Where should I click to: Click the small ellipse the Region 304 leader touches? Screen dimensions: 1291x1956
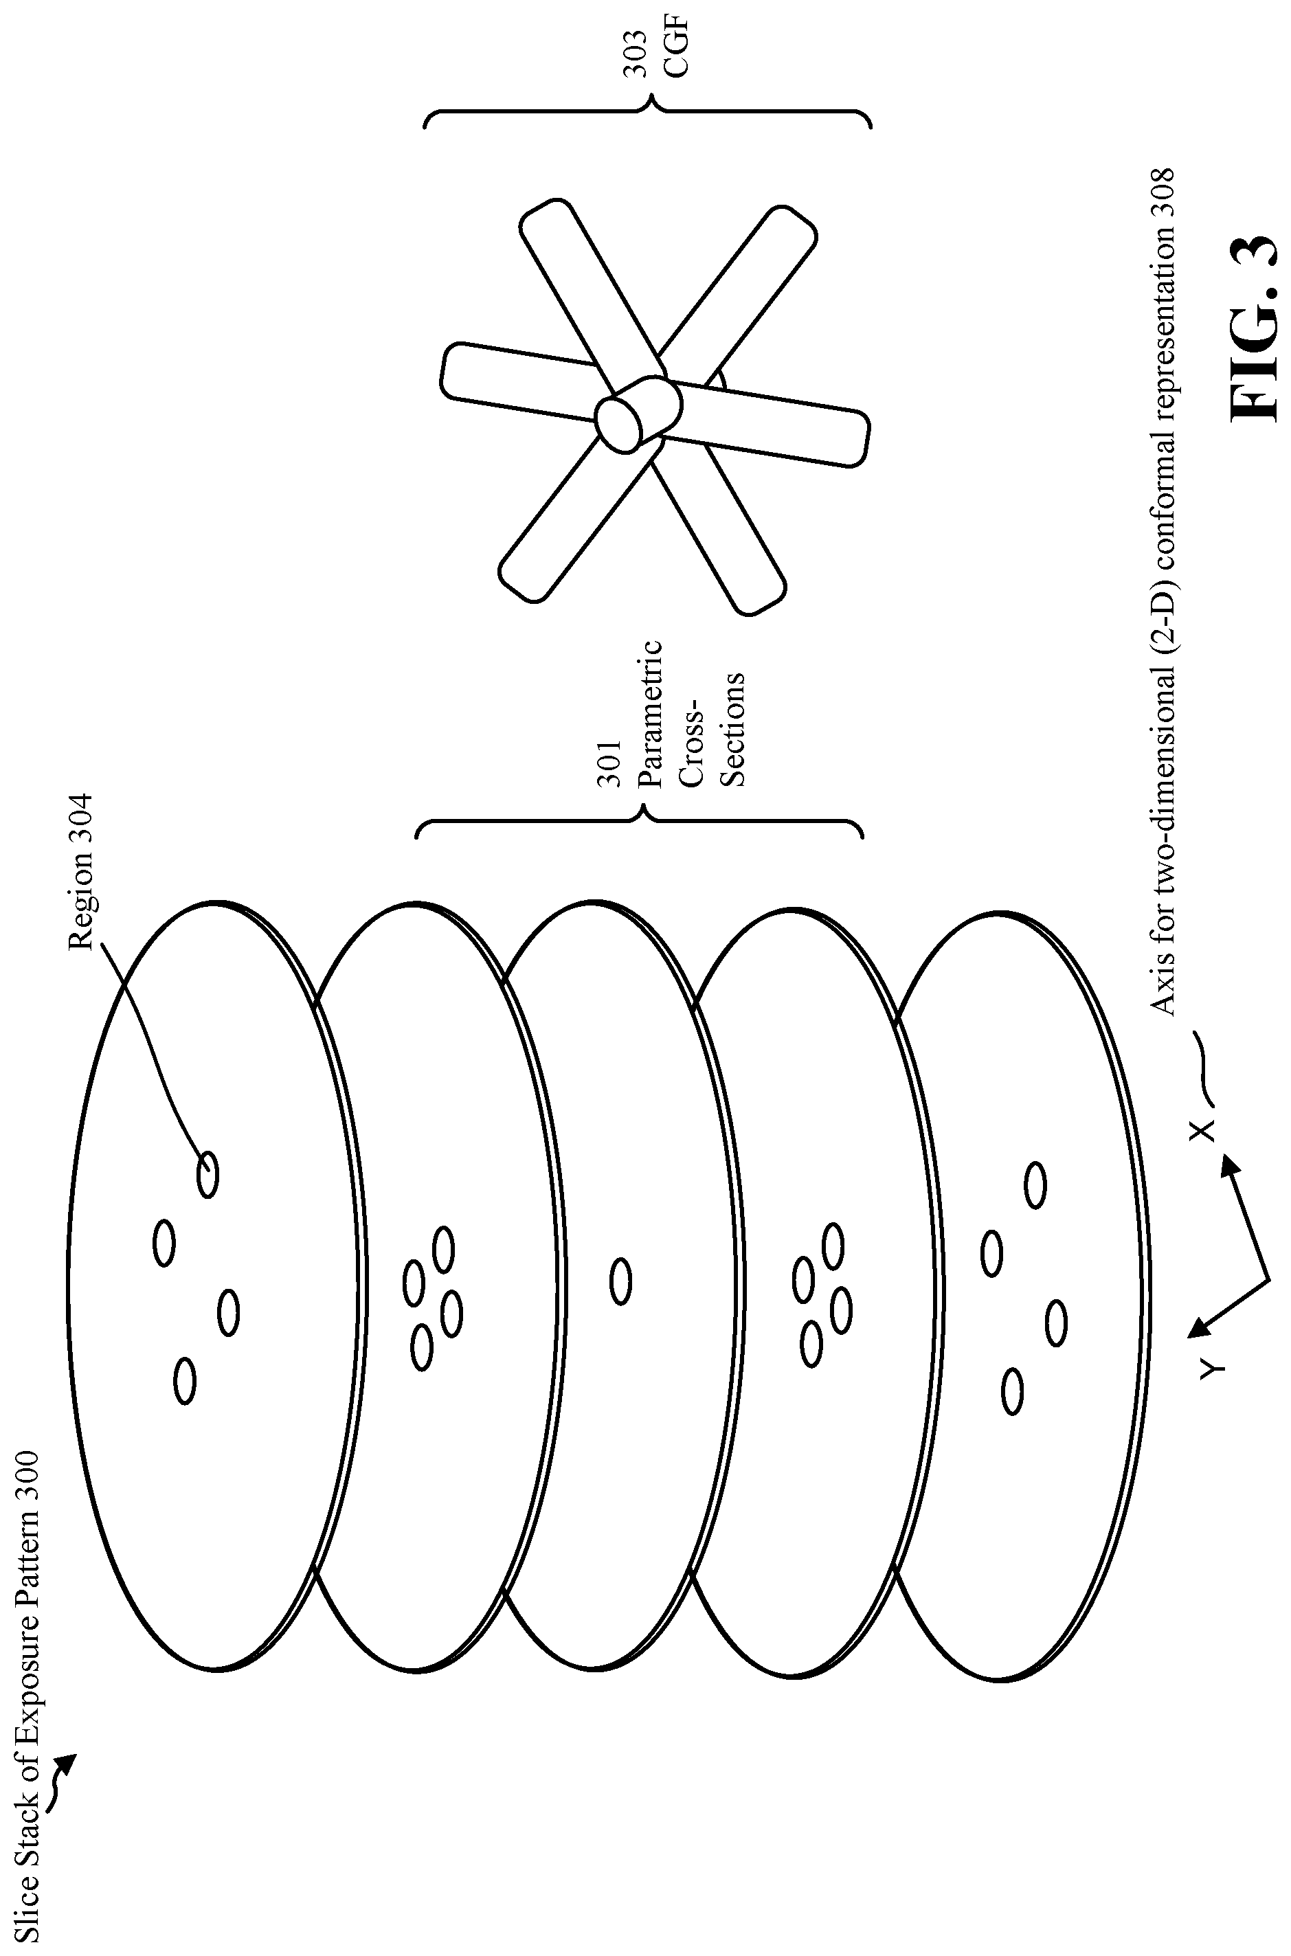[x=208, y=1174]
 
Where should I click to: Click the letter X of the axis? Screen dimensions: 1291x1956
[x=1203, y=1130]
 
